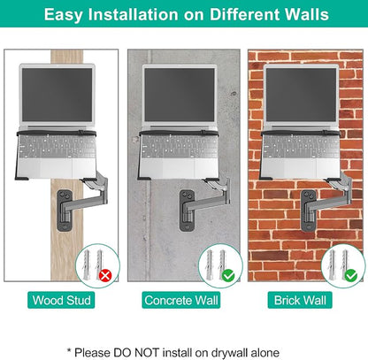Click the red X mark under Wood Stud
point(105,276)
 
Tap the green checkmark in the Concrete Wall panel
point(228,276)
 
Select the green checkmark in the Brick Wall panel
point(351,276)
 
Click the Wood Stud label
point(61,300)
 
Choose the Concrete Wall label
point(181,300)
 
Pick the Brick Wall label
point(300,300)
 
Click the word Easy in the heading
point(63,15)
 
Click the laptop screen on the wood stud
point(57,95)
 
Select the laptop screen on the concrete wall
point(180,95)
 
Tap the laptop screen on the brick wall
point(302,95)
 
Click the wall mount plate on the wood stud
point(65,211)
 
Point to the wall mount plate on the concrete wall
point(188,211)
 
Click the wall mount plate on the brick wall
point(309,211)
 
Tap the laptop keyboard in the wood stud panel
point(57,147)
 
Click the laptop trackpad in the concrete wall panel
point(179,168)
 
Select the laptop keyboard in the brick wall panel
point(302,147)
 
